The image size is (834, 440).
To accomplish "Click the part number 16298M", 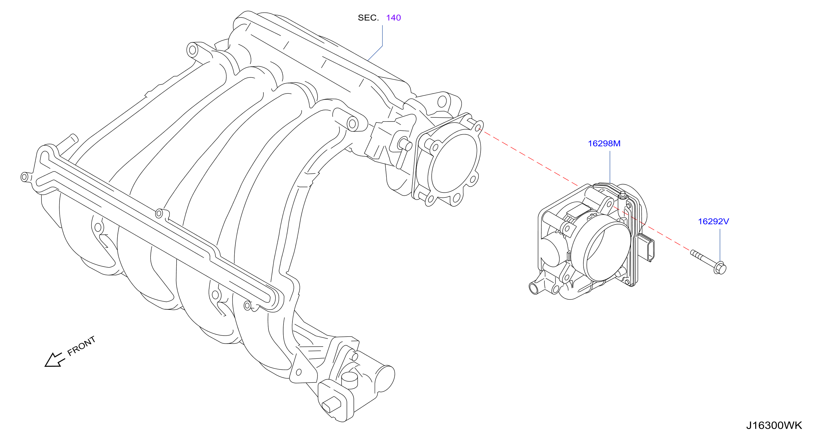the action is pos(604,144).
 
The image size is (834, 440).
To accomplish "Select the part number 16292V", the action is pos(713,221).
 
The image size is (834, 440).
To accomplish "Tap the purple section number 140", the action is pos(393,18).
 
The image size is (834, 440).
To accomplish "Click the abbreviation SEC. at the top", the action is pos(368,18).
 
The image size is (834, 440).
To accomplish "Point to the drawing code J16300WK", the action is pos(774,425).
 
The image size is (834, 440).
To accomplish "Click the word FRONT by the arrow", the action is pos(81,346).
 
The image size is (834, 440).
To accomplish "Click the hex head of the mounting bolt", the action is pos(720,268).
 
